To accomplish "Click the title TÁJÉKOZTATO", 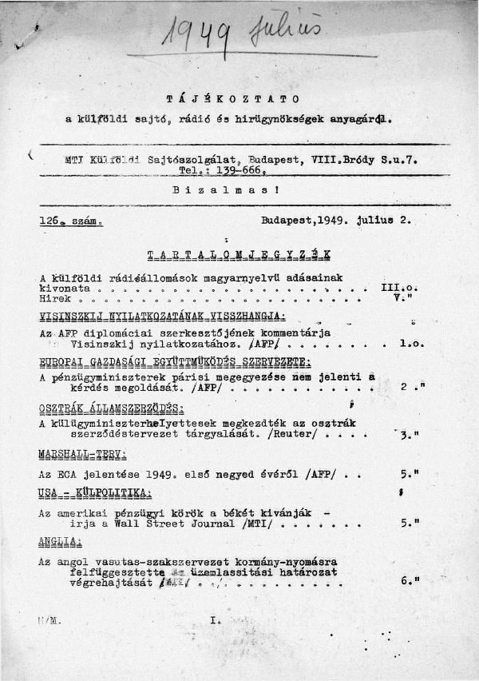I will pos(233,99).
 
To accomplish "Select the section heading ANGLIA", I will pos(55,541).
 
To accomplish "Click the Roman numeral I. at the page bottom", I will pos(214,619).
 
